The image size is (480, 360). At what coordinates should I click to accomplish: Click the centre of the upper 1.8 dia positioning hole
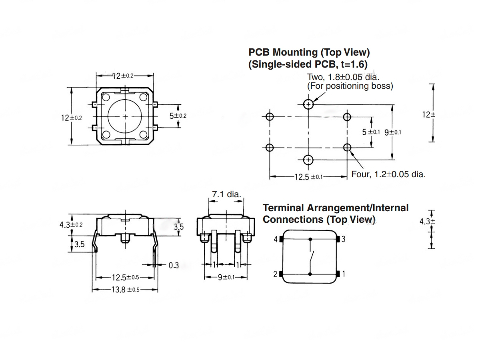(x=308, y=104)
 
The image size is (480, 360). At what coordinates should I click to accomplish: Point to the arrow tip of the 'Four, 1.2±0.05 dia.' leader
(x=350, y=151)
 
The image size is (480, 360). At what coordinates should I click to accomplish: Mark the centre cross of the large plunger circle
(x=125, y=116)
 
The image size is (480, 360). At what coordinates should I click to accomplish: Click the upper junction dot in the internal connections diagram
(x=310, y=239)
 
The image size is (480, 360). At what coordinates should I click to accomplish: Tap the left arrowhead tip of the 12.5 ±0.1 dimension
(x=270, y=176)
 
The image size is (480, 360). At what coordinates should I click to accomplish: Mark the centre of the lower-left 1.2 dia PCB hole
(x=270, y=148)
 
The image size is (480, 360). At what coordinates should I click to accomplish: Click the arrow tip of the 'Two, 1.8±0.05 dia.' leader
(x=313, y=102)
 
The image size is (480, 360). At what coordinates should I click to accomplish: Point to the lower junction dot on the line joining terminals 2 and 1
(x=310, y=274)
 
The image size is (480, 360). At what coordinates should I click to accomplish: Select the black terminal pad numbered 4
(x=281, y=239)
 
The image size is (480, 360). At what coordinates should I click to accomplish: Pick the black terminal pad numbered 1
(x=338, y=274)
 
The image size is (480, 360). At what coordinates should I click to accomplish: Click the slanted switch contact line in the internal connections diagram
(x=312, y=258)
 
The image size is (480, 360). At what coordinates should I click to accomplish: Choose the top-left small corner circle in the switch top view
(x=106, y=97)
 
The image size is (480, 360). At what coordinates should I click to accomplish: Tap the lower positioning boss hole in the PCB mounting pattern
(x=308, y=160)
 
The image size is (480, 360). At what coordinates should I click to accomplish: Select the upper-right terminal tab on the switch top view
(x=155, y=105)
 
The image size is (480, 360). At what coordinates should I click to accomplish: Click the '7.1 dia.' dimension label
(x=226, y=194)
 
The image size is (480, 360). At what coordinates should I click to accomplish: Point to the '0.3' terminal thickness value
(x=174, y=265)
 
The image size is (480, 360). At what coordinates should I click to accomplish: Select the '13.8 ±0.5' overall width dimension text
(x=125, y=290)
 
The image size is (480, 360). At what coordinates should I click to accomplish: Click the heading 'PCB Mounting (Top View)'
(x=309, y=52)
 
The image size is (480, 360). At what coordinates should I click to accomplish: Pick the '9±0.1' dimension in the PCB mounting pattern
(x=393, y=132)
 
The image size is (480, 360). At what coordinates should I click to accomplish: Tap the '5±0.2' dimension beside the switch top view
(x=178, y=116)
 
